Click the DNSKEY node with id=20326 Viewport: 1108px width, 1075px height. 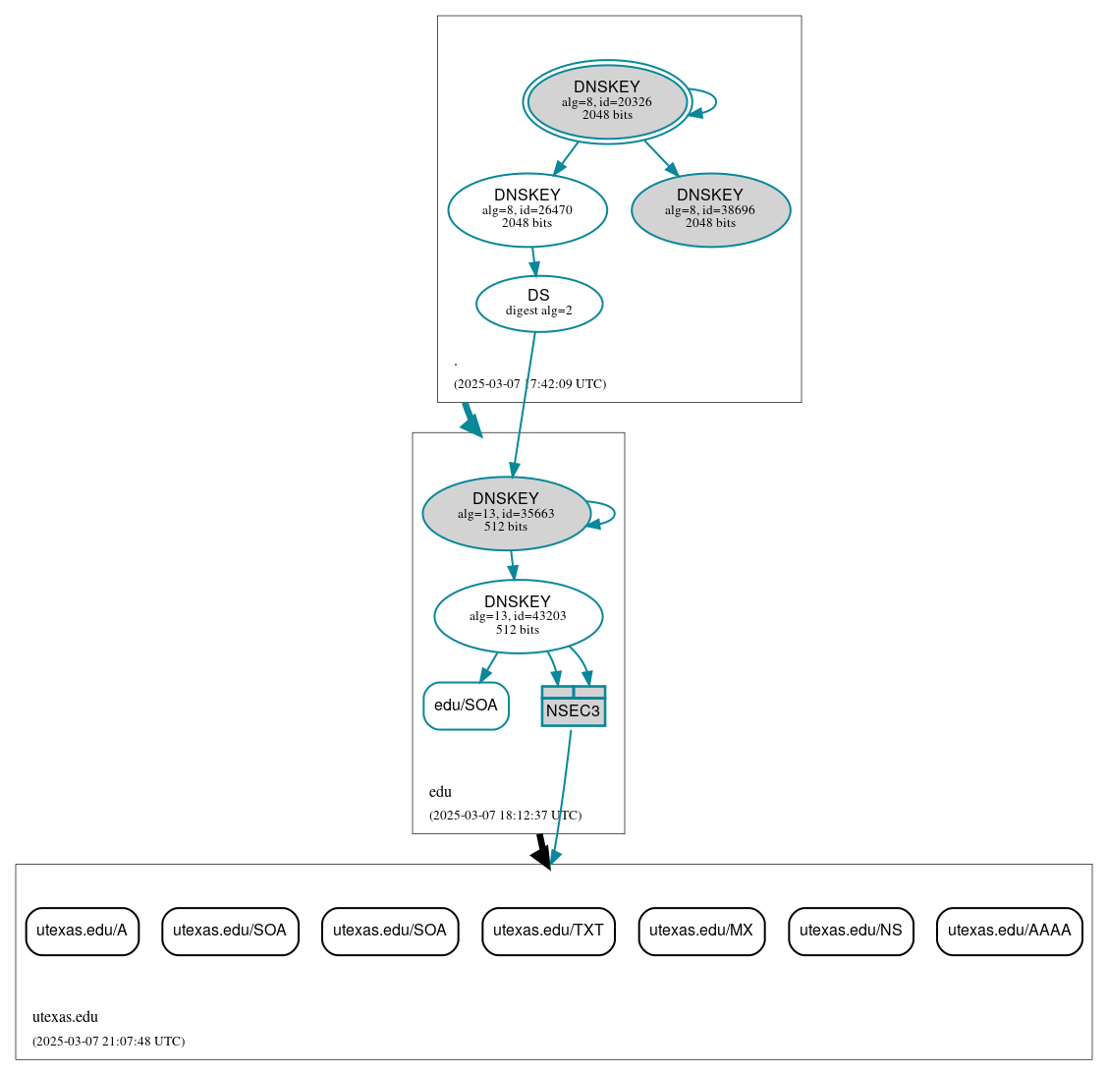[607, 101]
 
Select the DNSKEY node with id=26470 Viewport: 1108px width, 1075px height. [527, 209]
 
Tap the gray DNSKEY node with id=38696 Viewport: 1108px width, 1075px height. [710, 209]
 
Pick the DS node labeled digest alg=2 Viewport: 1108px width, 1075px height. [538, 304]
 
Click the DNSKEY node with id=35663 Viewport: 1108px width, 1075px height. [506, 513]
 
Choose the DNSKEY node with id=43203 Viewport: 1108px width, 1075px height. [518, 616]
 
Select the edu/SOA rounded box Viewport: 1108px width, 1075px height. [466, 706]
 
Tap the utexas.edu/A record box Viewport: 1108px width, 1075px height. [82, 931]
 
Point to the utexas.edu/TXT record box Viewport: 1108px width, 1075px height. [548, 931]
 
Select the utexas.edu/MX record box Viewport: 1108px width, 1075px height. [701, 931]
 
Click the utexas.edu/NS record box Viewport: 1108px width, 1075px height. [851, 931]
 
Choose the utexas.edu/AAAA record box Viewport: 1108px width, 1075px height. [1009, 931]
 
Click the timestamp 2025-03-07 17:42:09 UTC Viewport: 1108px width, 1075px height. [529, 384]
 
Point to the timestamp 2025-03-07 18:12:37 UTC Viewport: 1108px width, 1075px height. [505, 816]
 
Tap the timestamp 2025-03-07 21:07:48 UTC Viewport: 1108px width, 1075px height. [108, 1042]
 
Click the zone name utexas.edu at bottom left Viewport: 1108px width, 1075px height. [65, 1017]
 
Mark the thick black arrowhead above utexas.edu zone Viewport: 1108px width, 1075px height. [541, 856]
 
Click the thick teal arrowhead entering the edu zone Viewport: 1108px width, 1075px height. [472, 425]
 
